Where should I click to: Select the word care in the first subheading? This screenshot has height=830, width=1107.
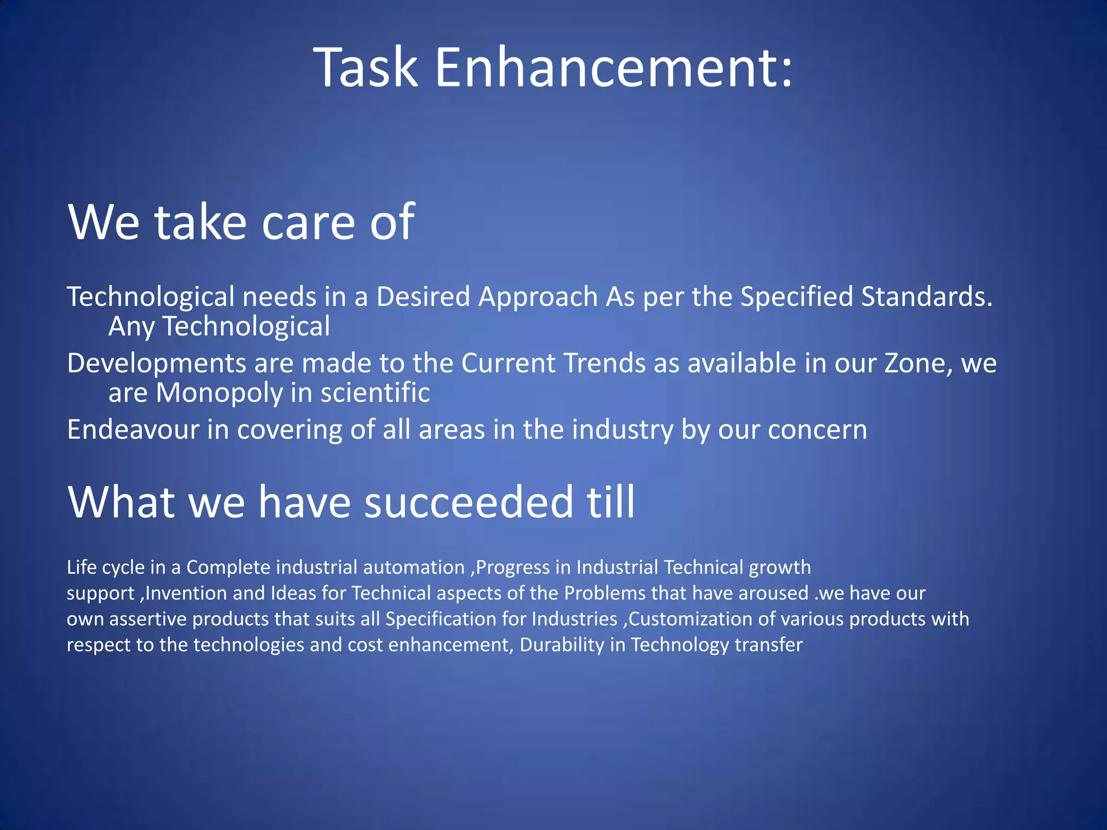(x=308, y=222)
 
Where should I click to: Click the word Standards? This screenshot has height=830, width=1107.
(x=926, y=297)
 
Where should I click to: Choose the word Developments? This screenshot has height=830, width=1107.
(x=156, y=363)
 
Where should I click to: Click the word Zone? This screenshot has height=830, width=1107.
(x=918, y=363)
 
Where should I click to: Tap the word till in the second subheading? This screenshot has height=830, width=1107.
(x=611, y=502)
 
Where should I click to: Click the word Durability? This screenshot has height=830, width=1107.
(x=562, y=645)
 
